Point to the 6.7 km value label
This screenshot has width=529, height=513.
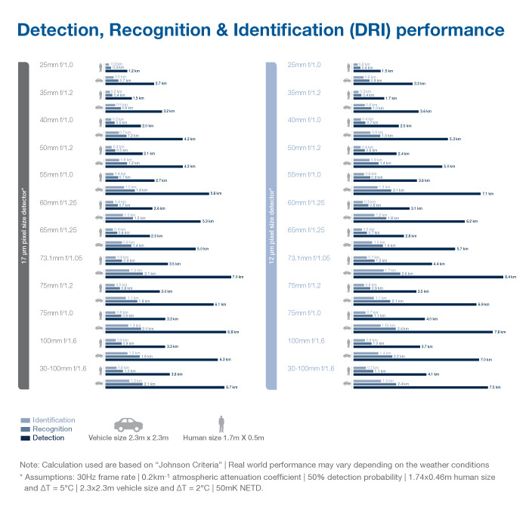point(232,387)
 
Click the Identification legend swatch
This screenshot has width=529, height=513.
point(25,420)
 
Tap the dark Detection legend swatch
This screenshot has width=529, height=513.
point(25,438)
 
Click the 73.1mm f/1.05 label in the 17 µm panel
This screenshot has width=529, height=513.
point(61,258)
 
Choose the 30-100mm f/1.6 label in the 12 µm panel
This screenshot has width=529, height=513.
point(310,368)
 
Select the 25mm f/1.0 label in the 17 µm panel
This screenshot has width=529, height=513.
point(56,65)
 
